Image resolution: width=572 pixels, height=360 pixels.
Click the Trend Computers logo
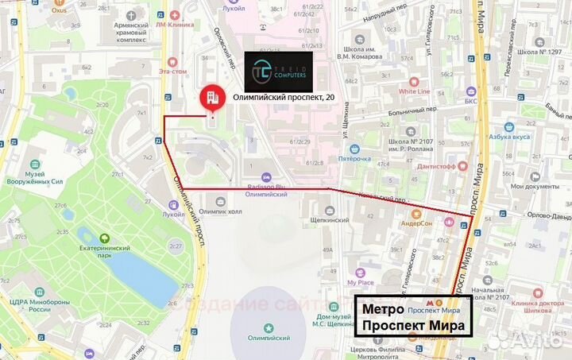[279, 71]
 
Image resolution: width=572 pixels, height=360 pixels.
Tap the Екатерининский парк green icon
[104, 238]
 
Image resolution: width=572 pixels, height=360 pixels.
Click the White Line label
[414, 91]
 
